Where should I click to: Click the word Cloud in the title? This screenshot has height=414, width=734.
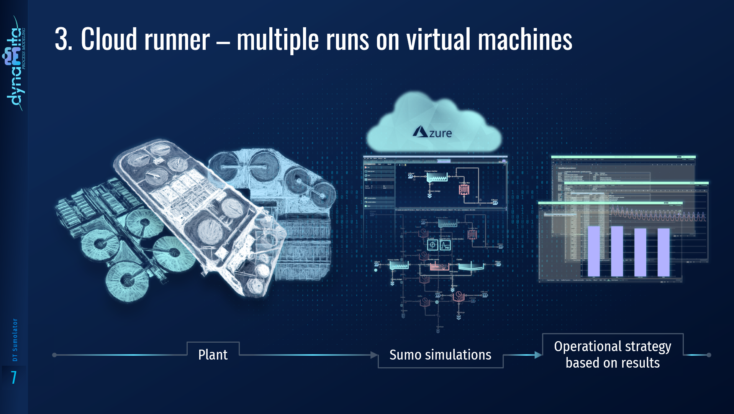(x=108, y=39)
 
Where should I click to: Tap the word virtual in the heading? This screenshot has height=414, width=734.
(x=438, y=39)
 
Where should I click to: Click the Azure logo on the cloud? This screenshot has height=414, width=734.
(x=433, y=132)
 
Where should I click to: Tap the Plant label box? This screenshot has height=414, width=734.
(x=213, y=355)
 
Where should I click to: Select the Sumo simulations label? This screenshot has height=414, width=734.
(x=440, y=355)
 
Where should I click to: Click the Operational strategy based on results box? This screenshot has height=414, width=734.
(x=612, y=355)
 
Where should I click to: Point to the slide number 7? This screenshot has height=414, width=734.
(x=14, y=378)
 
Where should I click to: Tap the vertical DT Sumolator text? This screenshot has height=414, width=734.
(x=15, y=340)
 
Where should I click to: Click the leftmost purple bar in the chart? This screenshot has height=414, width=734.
(x=593, y=251)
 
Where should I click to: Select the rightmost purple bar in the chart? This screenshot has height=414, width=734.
(x=664, y=252)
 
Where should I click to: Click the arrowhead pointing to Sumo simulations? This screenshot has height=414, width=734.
(x=374, y=355)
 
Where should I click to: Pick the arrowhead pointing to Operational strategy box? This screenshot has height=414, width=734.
(x=538, y=355)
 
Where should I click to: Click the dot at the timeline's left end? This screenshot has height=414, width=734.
(x=54, y=355)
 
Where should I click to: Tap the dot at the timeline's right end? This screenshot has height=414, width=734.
(x=709, y=355)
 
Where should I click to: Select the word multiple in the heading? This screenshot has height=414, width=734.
(x=278, y=39)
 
